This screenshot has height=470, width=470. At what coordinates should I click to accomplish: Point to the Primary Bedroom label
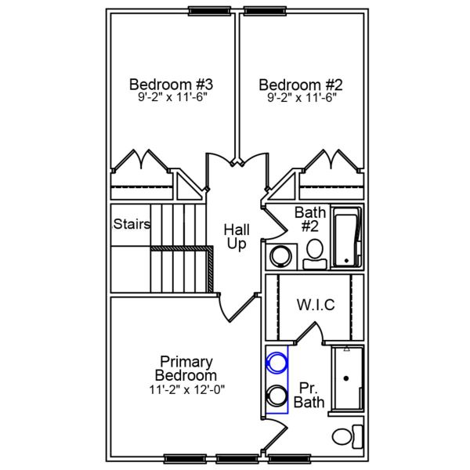point(186,368)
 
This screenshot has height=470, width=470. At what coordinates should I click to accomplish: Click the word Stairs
point(132,224)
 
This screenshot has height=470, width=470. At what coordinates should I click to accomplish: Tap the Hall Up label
point(237,237)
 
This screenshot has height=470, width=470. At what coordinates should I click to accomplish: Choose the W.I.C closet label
point(316,305)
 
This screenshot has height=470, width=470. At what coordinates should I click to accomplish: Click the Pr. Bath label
point(309,395)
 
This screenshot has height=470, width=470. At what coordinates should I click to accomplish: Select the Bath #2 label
point(309,219)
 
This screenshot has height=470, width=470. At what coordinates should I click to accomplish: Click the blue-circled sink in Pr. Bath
point(276,363)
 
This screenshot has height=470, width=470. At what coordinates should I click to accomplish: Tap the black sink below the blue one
point(276,394)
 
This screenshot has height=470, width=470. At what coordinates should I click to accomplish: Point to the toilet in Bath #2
point(315,251)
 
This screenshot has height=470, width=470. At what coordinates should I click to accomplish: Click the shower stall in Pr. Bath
point(347,378)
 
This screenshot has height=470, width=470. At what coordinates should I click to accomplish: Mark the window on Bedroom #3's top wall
point(205,11)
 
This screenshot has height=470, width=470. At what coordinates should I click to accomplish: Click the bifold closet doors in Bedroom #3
point(140,161)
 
